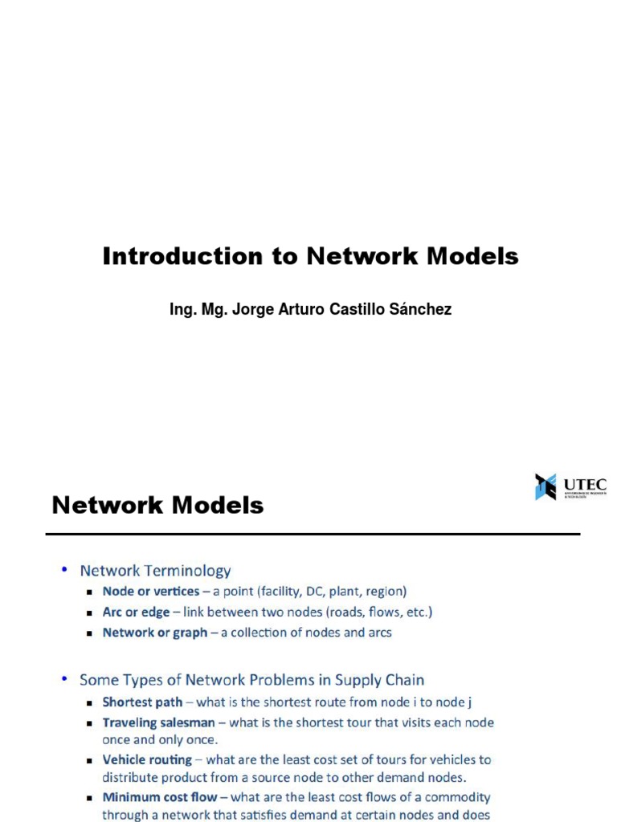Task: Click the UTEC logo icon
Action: (545, 486)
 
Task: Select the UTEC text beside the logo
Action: (584, 485)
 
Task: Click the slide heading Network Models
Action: (157, 505)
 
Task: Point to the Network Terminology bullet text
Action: (155, 571)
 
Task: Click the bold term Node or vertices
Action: (151, 592)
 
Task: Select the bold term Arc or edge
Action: (136, 612)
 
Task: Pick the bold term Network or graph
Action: (155, 633)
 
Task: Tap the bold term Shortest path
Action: (142, 702)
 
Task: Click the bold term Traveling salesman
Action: (158, 722)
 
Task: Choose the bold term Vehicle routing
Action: (147, 759)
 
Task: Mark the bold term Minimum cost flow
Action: (160, 797)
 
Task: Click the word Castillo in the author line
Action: (355, 309)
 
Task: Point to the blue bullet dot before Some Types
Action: (64, 679)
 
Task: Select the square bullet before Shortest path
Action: (91, 702)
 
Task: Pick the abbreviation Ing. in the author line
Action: (182, 310)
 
